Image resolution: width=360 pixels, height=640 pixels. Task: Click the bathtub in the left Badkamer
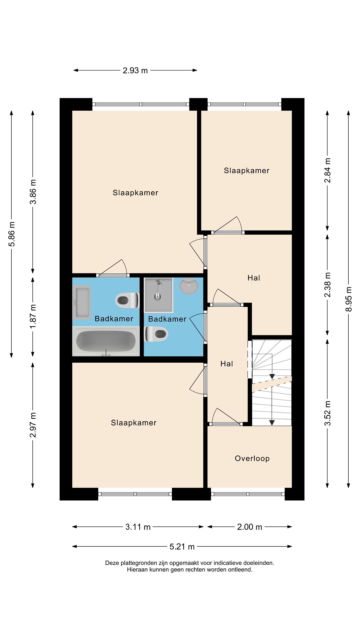click(x=106, y=341)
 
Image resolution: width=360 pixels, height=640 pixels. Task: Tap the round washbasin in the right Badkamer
click(x=189, y=286)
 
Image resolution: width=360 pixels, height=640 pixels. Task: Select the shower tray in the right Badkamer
click(x=158, y=295)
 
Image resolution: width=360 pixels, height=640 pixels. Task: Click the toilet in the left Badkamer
click(x=127, y=300)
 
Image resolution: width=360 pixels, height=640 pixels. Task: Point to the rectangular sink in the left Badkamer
click(x=82, y=302)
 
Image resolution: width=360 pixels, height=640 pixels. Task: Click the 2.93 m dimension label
click(x=135, y=71)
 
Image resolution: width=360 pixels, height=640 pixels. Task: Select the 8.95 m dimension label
click(x=348, y=299)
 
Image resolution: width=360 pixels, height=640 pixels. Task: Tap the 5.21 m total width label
click(x=182, y=547)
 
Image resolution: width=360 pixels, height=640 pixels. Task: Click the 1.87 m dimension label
click(x=33, y=316)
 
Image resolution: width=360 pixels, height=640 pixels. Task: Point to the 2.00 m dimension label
click(x=249, y=527)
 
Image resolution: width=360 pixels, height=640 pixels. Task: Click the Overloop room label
click(x=252, y=458)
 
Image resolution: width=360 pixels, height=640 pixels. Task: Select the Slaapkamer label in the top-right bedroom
click(x=246, y=171)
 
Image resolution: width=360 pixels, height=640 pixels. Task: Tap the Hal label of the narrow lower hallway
click(x=227, y=364)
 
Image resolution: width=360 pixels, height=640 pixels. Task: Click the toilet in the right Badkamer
click(x=157, y=334)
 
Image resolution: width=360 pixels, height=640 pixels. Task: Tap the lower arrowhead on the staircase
click(x=272, y=423)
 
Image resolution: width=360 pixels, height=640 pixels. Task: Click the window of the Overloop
click(x=247, y=494)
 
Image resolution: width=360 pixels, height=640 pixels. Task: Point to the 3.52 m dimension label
click(x=327, y=413)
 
